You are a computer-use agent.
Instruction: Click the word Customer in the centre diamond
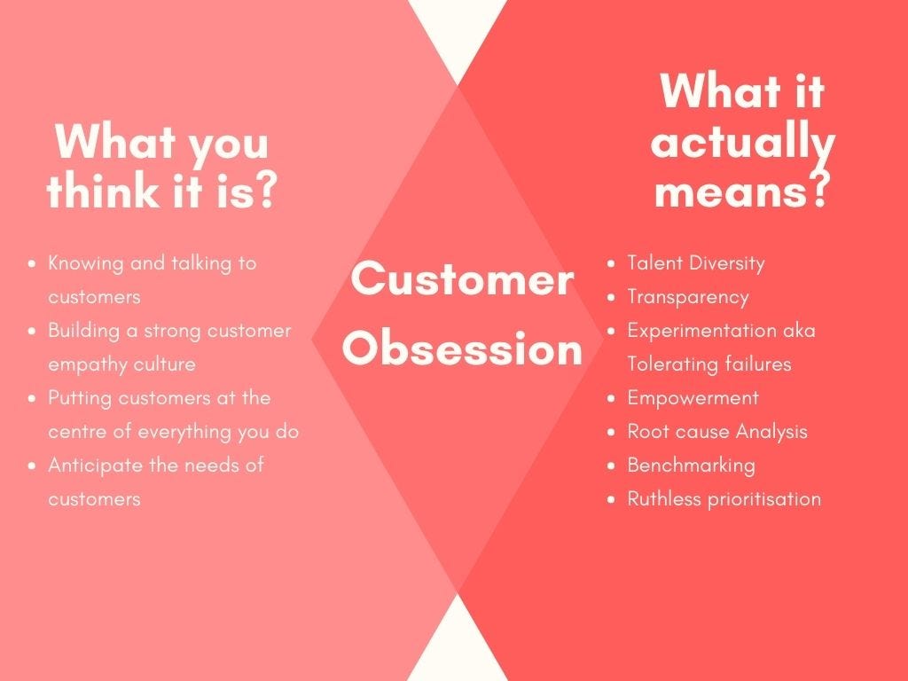[x=462, y=280]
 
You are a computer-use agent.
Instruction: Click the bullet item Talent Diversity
[x=695, y=262]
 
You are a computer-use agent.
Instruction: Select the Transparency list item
[x=687, y=296]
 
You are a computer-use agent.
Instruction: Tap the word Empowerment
[x=693, y=397]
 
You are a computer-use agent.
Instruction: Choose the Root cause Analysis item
[x=716, y=431]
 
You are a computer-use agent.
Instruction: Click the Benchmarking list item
[x=691, y=465]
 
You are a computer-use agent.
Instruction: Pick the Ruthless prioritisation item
[x=724, y=498]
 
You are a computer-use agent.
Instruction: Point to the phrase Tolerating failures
[x=708, y=364]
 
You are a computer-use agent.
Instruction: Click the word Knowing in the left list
[x=85, y=262]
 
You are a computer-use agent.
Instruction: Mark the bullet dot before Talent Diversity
[x=611, y=263]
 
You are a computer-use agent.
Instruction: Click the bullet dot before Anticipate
[x=32, y=466]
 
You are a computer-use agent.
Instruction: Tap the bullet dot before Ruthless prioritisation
[x=611, y=499]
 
